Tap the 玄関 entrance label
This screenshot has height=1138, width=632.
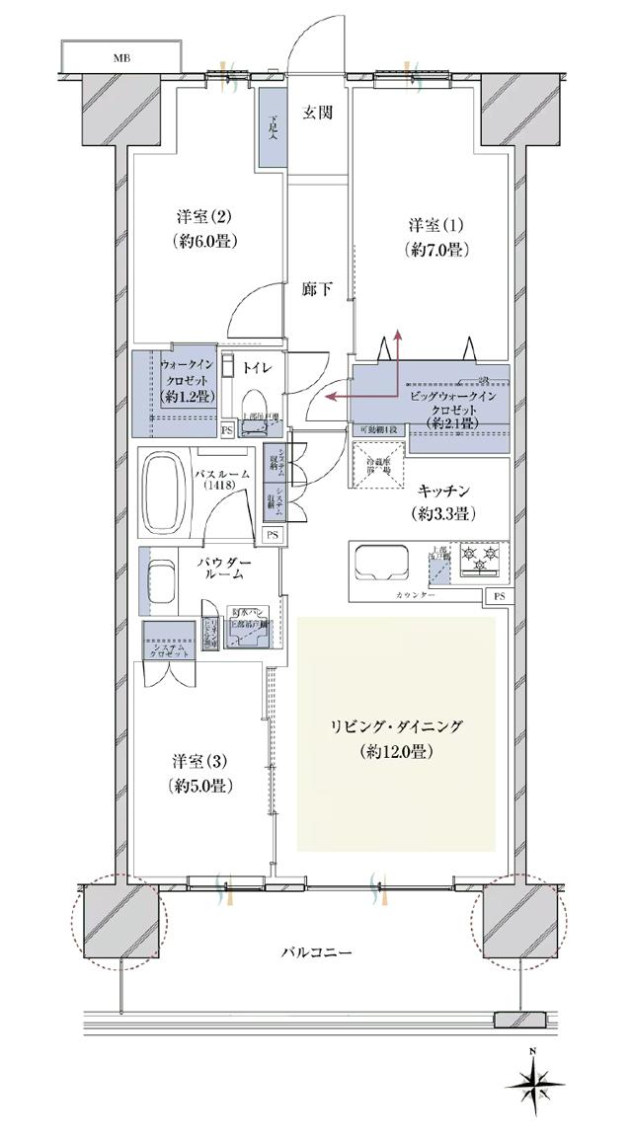317,113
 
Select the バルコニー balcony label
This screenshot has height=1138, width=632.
316,952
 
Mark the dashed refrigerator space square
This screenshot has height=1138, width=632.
376,462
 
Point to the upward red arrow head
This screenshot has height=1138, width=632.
399,336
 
